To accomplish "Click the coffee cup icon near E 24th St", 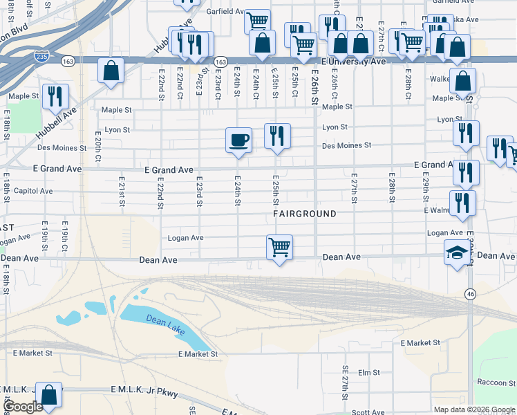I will (238, 140).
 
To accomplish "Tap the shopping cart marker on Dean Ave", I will (279, 247).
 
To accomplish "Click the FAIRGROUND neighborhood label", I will (304, 214).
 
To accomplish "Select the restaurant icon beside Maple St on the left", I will (55, 96).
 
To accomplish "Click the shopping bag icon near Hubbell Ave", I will (111, 71).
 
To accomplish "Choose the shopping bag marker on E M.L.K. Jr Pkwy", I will (49, 395).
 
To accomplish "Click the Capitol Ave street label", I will (28, 191).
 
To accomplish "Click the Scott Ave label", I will (368, 412).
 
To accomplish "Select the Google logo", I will (22, 407).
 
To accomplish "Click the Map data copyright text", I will (474, 409).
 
